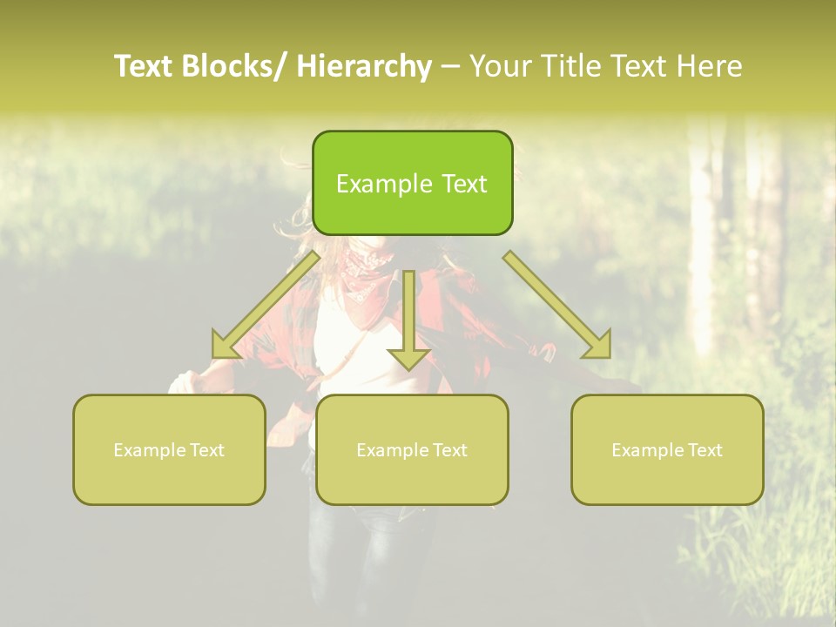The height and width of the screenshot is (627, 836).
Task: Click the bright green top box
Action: (x=412, y=183)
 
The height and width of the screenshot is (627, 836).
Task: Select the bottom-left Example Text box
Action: (x=169, y=449)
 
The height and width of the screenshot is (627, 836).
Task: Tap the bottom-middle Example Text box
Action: (x=412, y=449)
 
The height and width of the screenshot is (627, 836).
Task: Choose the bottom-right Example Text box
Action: (x=667, y=449)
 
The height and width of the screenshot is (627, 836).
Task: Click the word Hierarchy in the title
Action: (x=363, y=66)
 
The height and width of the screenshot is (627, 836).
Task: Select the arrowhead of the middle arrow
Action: (x=408, y=356)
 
